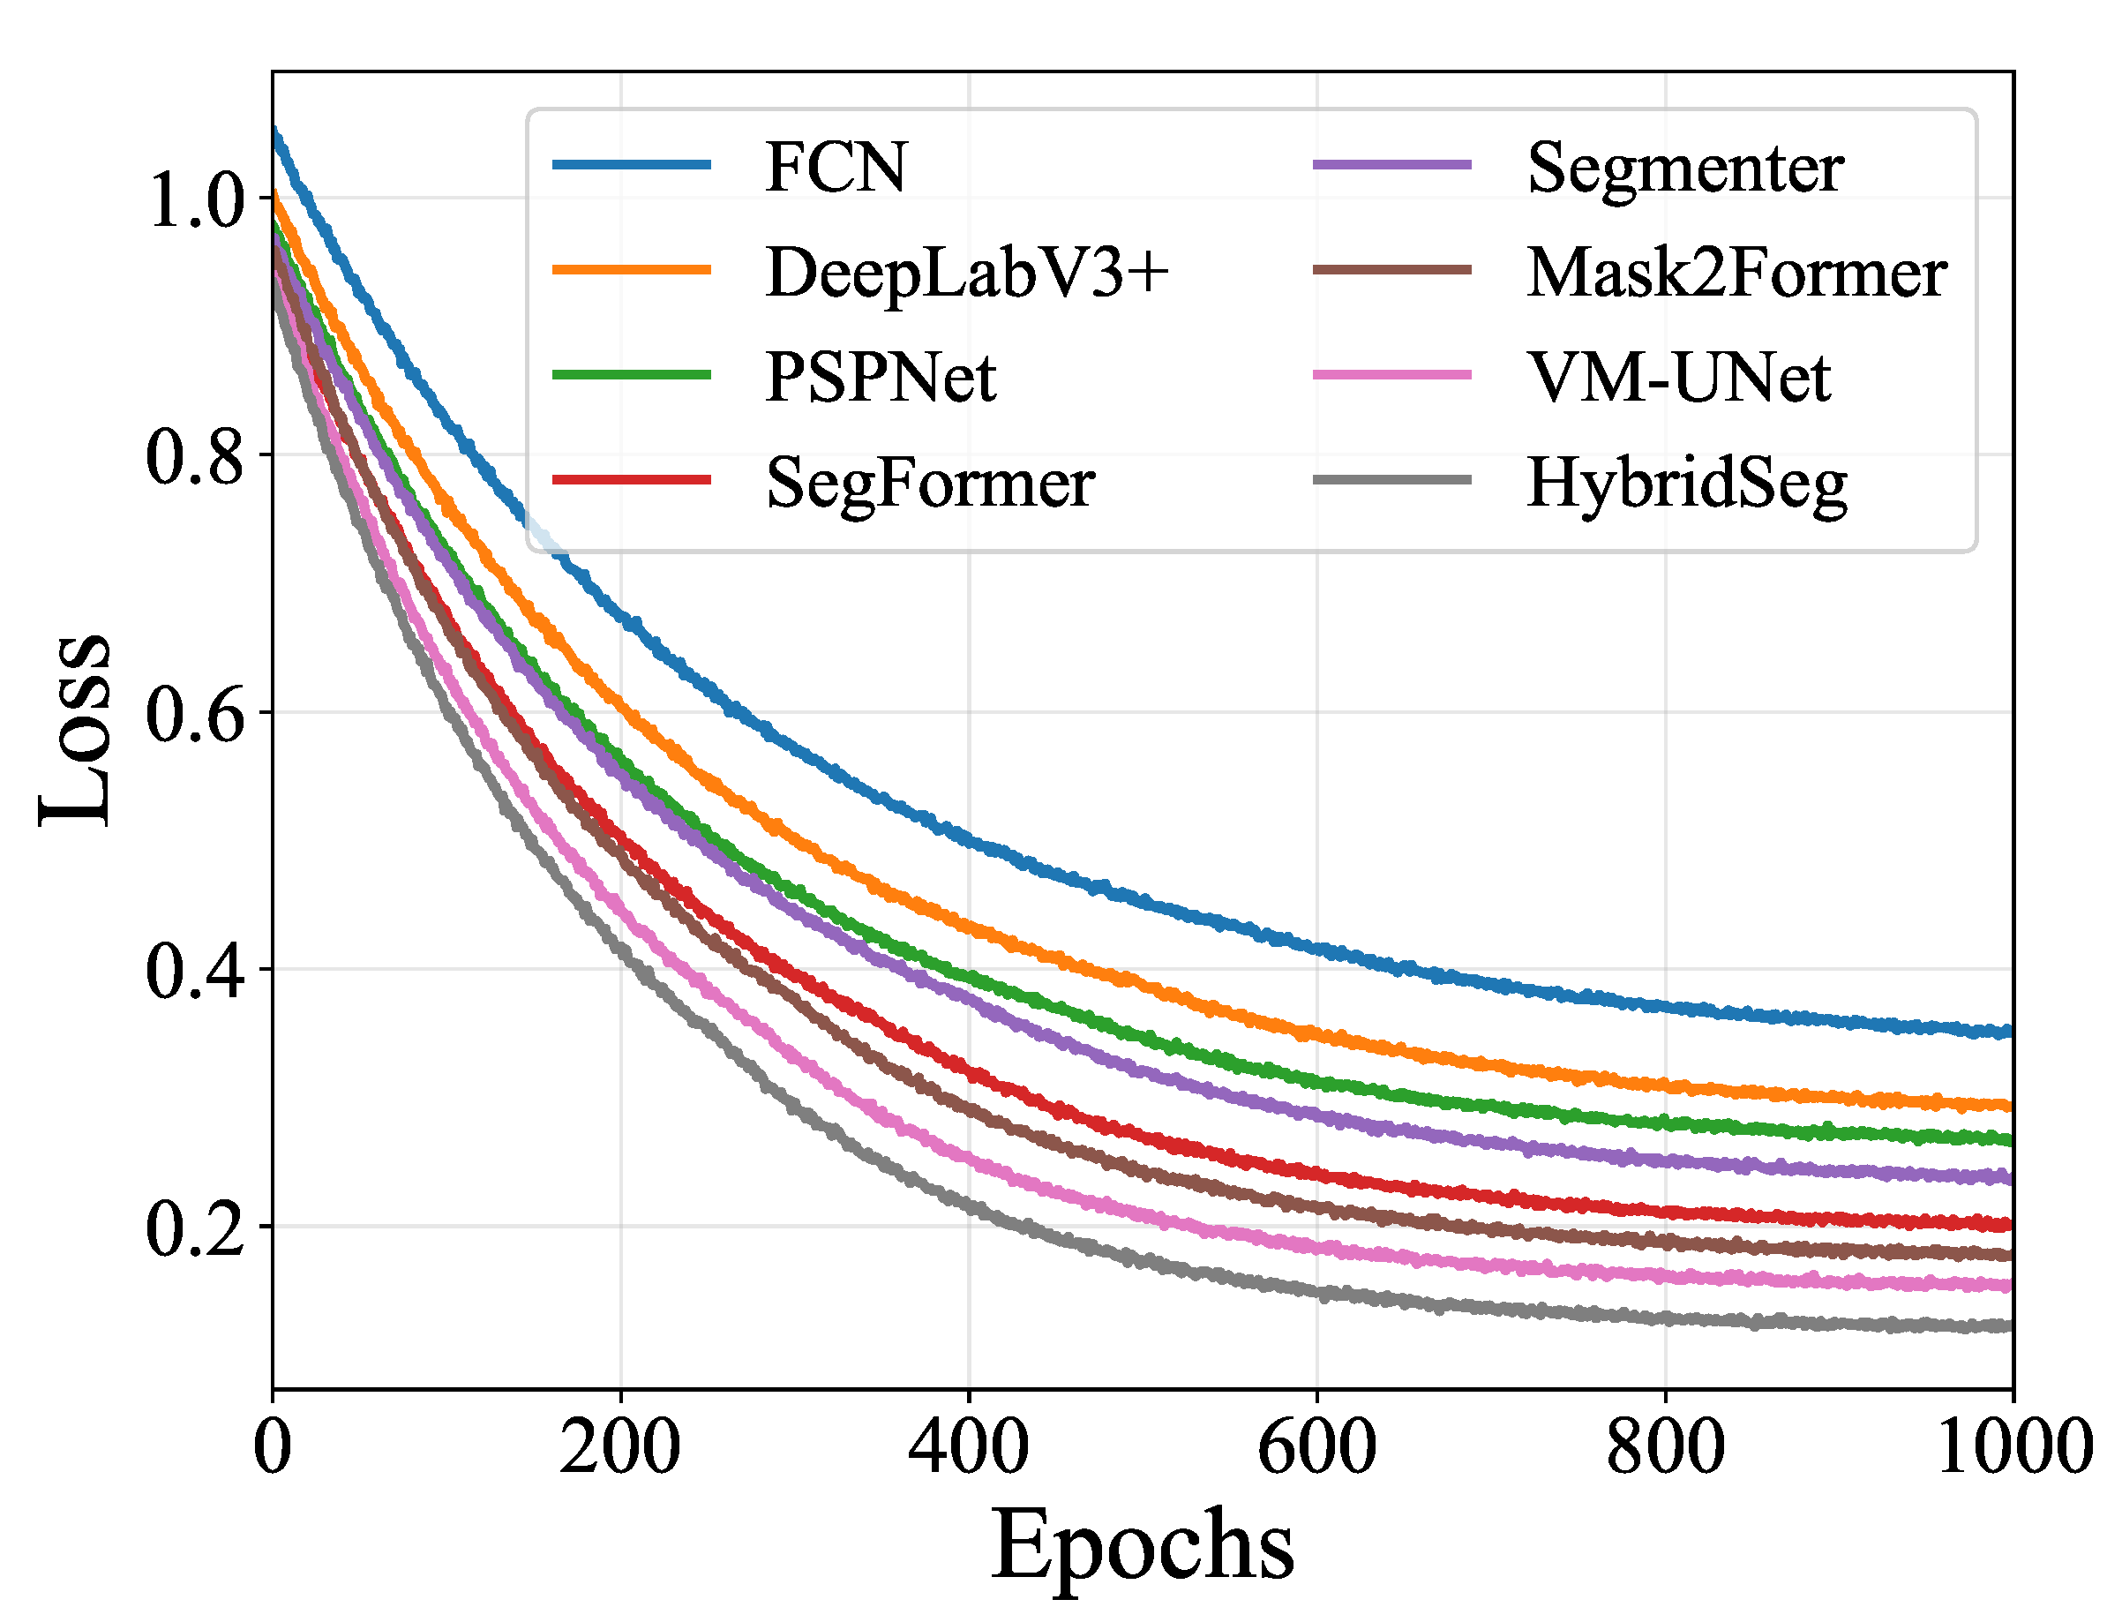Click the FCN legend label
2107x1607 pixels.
pos(835,169)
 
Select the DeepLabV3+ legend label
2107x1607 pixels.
pos(967,274)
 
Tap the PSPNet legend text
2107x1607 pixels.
pos(880,378)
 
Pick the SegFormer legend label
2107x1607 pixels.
pos(930,483)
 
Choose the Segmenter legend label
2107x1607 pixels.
pos(1685,169)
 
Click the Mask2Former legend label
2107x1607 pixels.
pos(1736,274)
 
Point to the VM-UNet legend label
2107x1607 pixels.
pos(1678,378)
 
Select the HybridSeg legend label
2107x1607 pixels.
pos(1687,483)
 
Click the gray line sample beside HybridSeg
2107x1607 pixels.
pos(1391,479)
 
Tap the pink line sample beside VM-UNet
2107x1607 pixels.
pos(1391,374)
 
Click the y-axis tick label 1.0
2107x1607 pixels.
pos(196,201)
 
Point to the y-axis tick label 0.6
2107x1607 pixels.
pos(196,716)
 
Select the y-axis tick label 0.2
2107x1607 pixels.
pos(196,1230)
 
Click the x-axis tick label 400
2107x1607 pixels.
pos(968,1448)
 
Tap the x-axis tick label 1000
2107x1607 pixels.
pos(2014,1448)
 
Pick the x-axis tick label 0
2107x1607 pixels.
pos(273,1448)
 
